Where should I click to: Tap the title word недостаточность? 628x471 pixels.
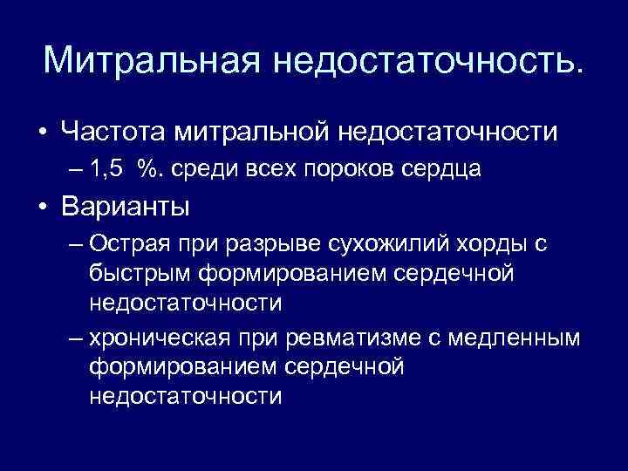click(x=426, y=60)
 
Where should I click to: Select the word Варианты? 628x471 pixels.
click(x=126, y=208)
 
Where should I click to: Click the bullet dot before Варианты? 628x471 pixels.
click(x=41, y=208)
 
